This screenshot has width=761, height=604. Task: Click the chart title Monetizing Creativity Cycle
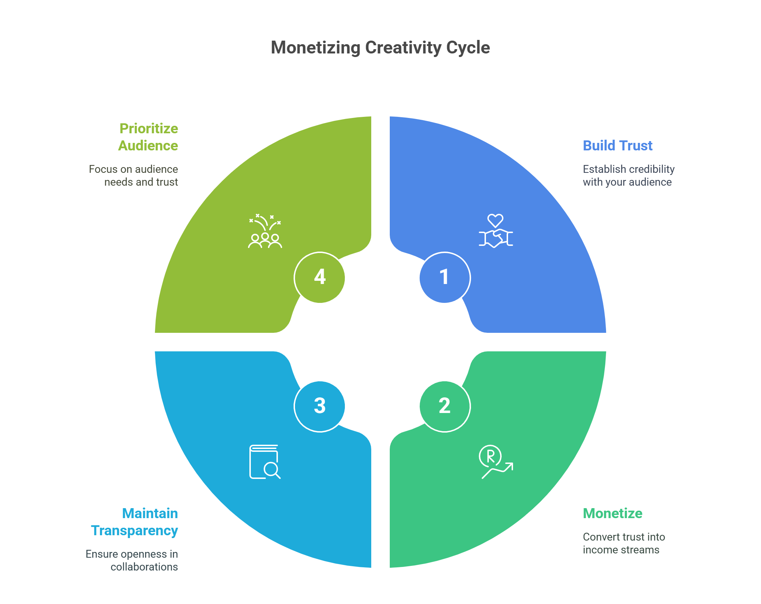click(380, 47)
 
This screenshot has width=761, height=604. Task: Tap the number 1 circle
click(445, 277)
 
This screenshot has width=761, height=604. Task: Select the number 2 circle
click(445, 406)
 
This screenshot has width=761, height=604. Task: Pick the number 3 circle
click(320, 406)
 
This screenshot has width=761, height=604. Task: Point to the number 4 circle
click(320, 277)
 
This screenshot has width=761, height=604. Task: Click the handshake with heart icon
click(496, 231)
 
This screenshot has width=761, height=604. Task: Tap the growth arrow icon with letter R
click(496, 461)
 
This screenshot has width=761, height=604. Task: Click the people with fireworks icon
click(265, 231)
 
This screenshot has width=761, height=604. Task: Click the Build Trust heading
click(617, 146)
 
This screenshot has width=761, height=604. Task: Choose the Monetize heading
click(612, 513)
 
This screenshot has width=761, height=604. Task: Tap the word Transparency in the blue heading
click(134, 531)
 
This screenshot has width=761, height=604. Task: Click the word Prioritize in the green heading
click(149, 129)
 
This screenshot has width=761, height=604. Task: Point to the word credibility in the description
click(652, 169)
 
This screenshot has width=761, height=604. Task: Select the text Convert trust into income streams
click(623, 543)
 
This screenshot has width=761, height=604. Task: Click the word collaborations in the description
click(144, 567)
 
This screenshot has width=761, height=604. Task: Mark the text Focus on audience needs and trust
click(134, 176)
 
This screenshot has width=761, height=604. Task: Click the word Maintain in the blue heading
click(150, 513)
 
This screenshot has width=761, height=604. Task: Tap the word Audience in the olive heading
click(148, 146)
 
